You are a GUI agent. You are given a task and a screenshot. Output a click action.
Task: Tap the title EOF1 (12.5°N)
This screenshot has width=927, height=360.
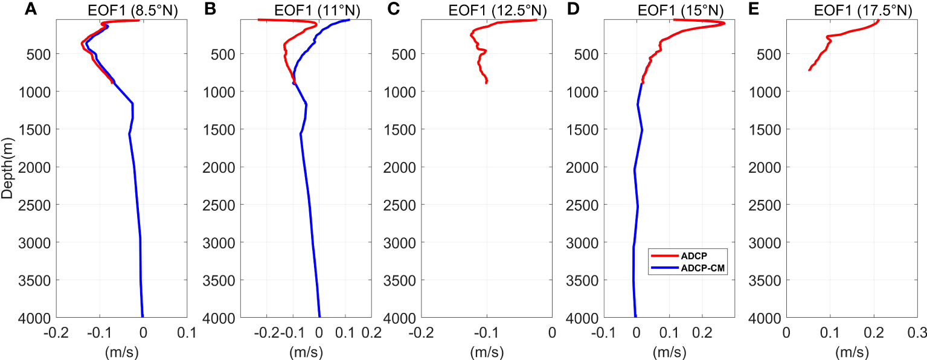click(x=497, y=10)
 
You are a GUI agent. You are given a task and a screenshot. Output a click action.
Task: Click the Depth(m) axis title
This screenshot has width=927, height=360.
click(x=7, y=169)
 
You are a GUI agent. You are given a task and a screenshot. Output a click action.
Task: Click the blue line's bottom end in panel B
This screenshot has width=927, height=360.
click(x=319, y=316)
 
